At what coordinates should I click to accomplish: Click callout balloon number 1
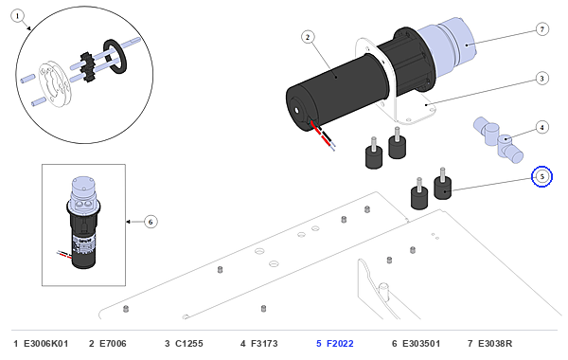tap(17, 16)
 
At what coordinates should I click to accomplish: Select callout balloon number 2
tap(308, 37)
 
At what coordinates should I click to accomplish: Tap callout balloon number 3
tap(541, 79)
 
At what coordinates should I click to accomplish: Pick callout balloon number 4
tap(541, 127)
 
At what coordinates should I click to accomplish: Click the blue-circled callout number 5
tap(541, 176)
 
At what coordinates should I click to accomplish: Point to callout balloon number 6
tap(151, 222)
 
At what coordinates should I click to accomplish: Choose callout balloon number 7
tap(541, 29)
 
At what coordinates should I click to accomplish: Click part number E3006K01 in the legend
tap(46, 343)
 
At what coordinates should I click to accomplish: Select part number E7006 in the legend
tap(113, 343)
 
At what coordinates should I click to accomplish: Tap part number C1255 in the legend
tap(189, 343)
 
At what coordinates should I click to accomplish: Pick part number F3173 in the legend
tap(264, 343)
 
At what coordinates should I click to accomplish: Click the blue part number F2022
tap(340, 343)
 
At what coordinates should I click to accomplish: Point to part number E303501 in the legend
tap(421, 343)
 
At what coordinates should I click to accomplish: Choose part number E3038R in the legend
tap(495, 343)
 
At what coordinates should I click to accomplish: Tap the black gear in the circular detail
tap(87, 66)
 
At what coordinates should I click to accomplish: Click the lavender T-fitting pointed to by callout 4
tap(499, 139)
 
